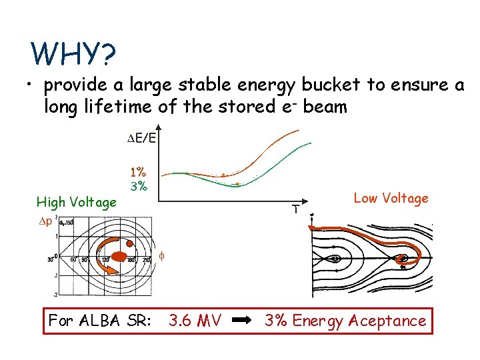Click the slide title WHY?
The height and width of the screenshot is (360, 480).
pyautogui.click(x=73, y=55)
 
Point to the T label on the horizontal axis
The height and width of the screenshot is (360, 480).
pyautogui.click(x=294, y=209)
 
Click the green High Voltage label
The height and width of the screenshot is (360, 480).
pyautogui.click(x=76, y=202)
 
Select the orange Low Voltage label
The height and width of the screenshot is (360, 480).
pyautogui.click(x=391, y=198)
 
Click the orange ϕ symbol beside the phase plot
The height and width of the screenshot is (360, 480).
pyautogui.click(x=161, y=255)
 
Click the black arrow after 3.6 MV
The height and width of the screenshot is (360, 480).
pyautogui.click(x=243, y=321)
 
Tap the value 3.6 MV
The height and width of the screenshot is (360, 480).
pyautogui.click(x=195, y=321)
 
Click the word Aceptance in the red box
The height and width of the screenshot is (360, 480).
pyautogui.click(x=389, y=321)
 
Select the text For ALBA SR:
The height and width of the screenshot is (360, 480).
pyautogui.click(x=99, y=321)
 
